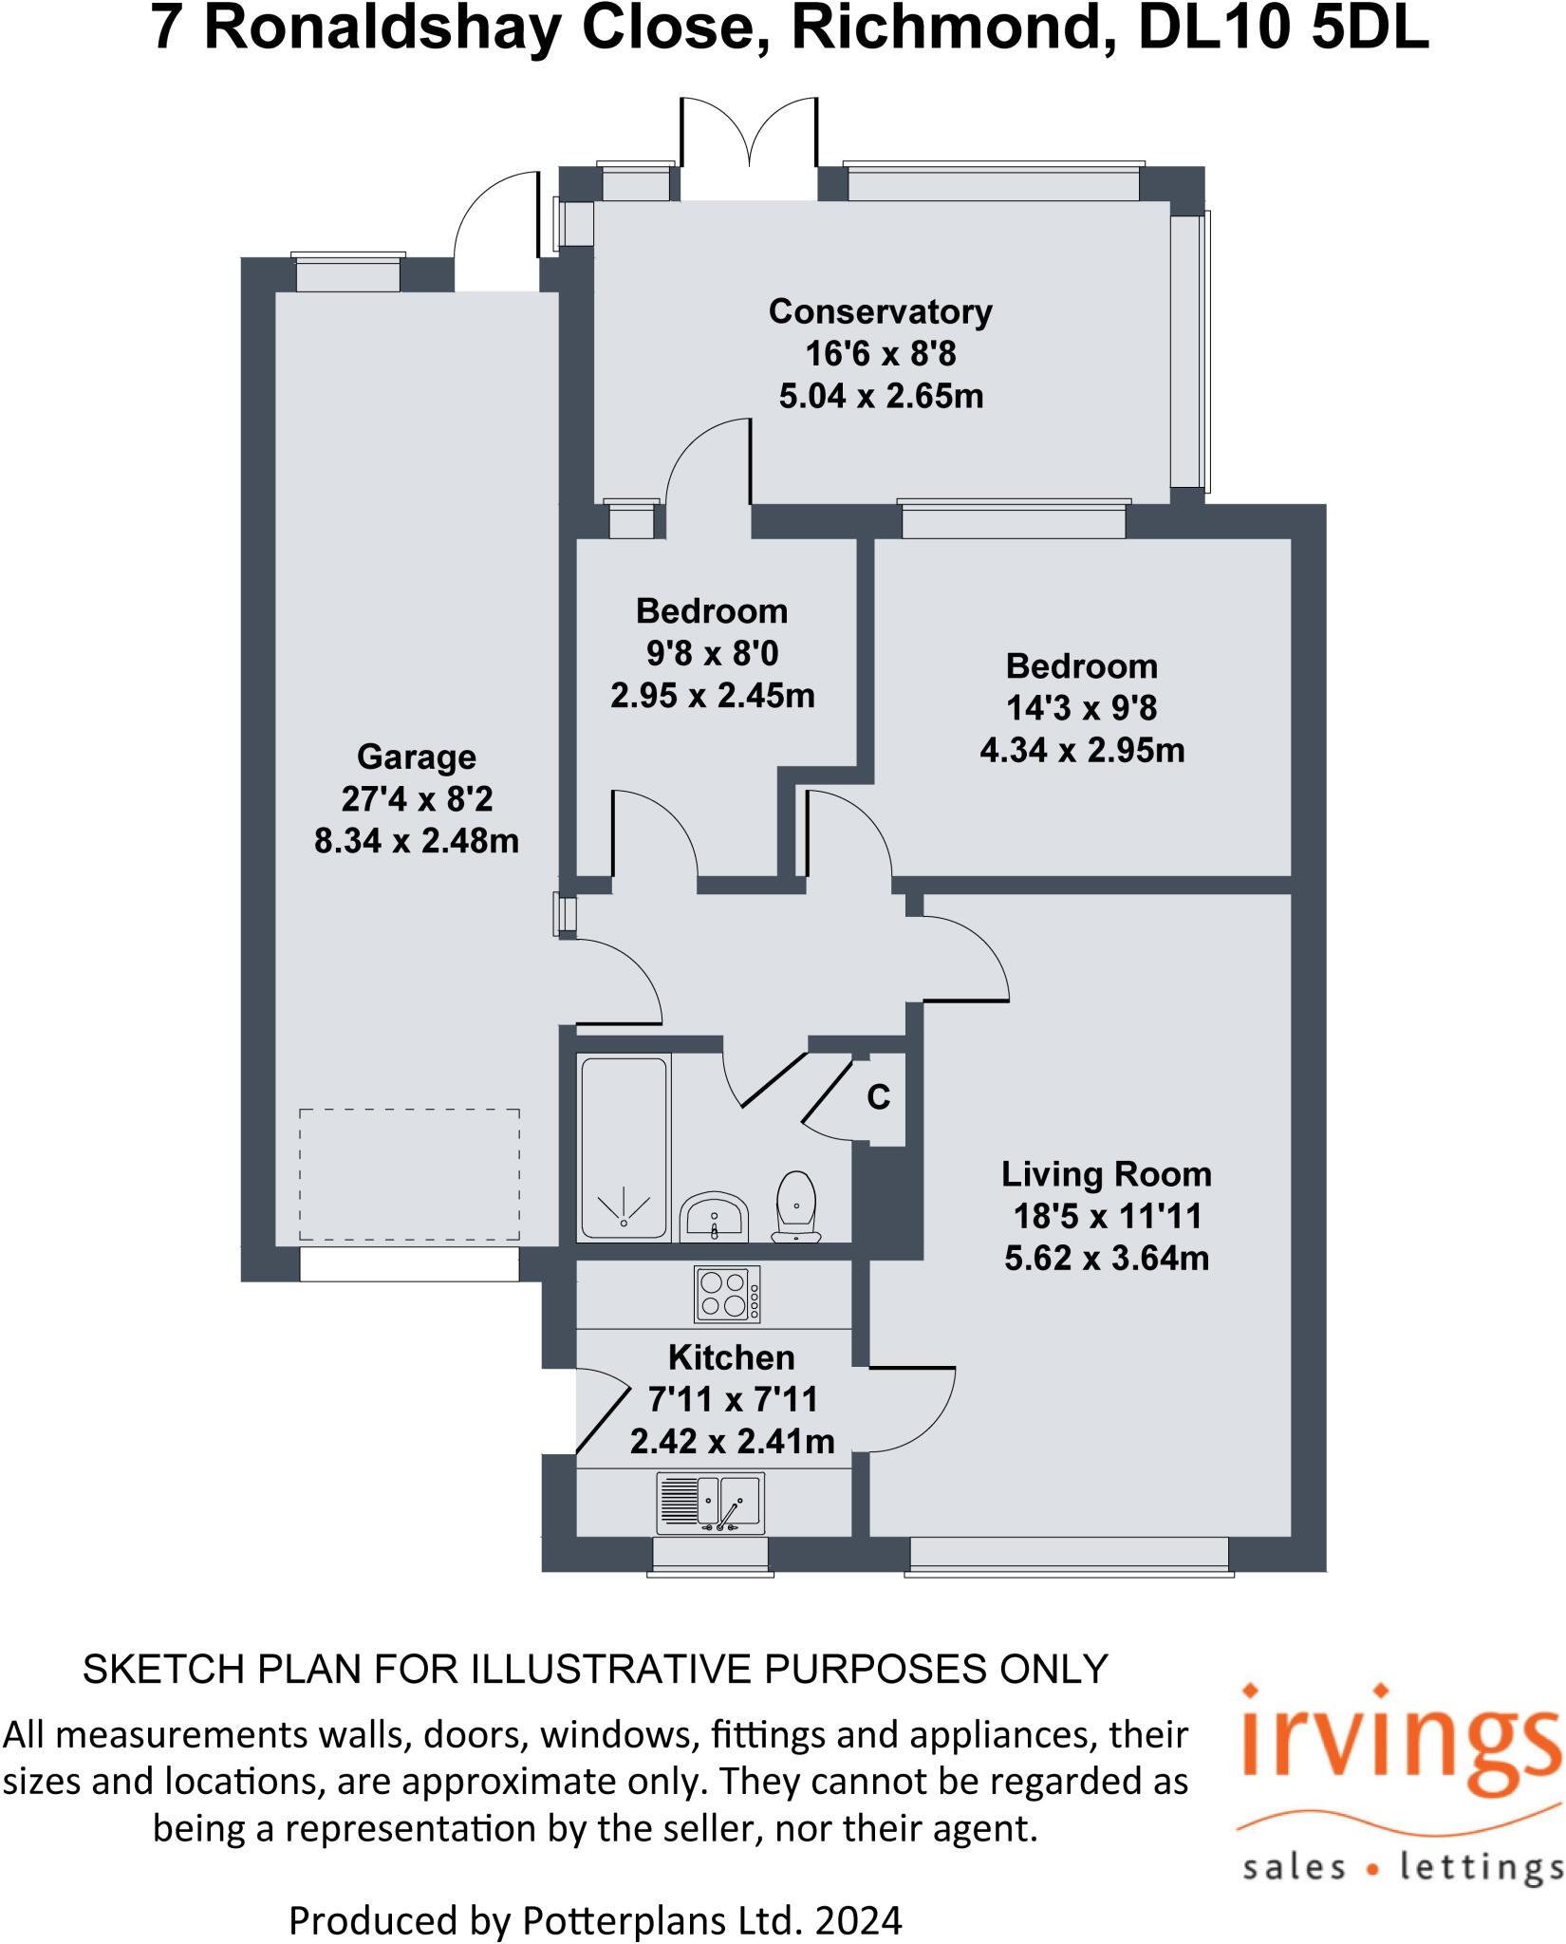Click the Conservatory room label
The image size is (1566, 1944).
pos(880,312)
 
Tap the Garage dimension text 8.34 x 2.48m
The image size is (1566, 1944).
pos(417,841)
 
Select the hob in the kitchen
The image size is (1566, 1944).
pos(727,1295)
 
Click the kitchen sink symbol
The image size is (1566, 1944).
pos(711,1503)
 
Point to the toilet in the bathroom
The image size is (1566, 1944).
pos(796,1206)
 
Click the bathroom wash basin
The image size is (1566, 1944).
pos(714,1217)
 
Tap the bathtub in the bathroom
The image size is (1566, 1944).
pos(624,1148)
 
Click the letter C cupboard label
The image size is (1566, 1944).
pos(879,1097)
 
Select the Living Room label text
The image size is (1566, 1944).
pos(1106,1175)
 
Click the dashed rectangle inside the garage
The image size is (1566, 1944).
pos(409,1174)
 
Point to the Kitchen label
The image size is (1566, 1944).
pos(731,1357)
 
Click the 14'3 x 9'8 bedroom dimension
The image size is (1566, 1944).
pos(1082,708)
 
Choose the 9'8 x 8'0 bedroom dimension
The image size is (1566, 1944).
pos(712,653)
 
